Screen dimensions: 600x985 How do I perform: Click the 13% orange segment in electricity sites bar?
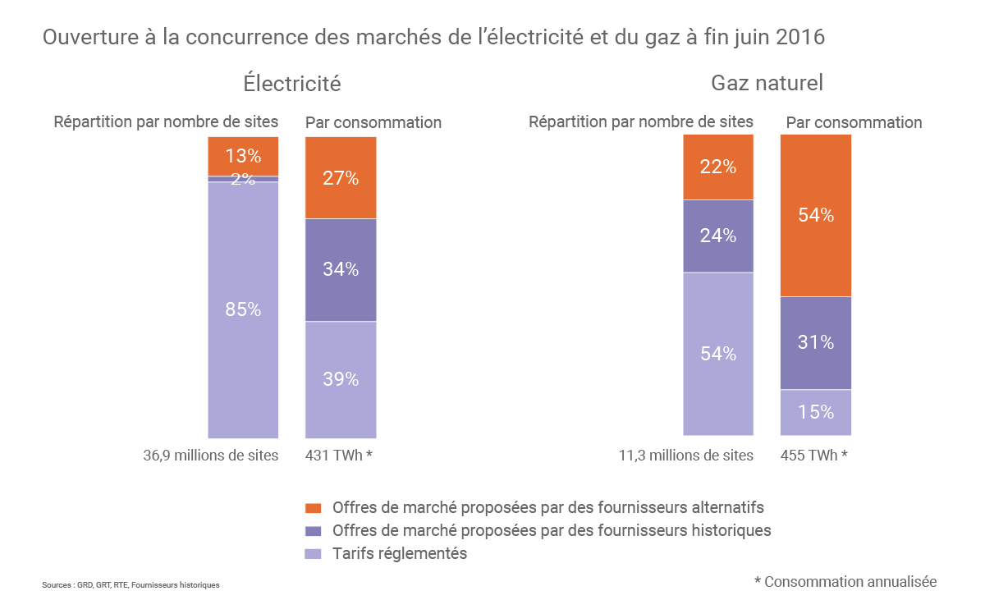[x=243, y=156]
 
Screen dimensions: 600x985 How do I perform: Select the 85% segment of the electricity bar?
[x=243, y=309]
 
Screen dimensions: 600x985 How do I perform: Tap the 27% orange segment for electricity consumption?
[x=341, y=177]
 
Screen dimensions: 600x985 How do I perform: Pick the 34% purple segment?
[x=341, y=269]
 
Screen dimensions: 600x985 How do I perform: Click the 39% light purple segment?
[x=341, y=379]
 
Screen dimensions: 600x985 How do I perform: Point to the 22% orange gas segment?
[x=718, y=167]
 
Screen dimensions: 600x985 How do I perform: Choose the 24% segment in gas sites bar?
[x=718, y=236]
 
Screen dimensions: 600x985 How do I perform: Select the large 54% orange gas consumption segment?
[x=816, y=215]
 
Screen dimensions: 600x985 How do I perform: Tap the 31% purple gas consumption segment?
[x=816, y=342]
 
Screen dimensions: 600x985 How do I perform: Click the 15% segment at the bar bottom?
[x=816, y=412]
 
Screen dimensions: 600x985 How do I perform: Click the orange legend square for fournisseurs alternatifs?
[x=313, y=507]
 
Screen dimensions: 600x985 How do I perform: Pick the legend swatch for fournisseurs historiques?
[x=313, y=530]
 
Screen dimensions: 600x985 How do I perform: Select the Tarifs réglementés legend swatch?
[x=313, y=554]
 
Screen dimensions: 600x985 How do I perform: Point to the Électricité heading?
[x=291, y=84]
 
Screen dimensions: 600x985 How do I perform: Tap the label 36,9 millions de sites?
[x=210, y=455]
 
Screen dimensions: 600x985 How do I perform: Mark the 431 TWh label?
[x=339, y=455]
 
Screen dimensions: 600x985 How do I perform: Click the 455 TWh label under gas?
[x=813, y=455]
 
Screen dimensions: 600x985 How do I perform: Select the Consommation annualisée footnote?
[x=845, y=581]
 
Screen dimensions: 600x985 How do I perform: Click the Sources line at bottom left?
[x=131, y=585]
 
